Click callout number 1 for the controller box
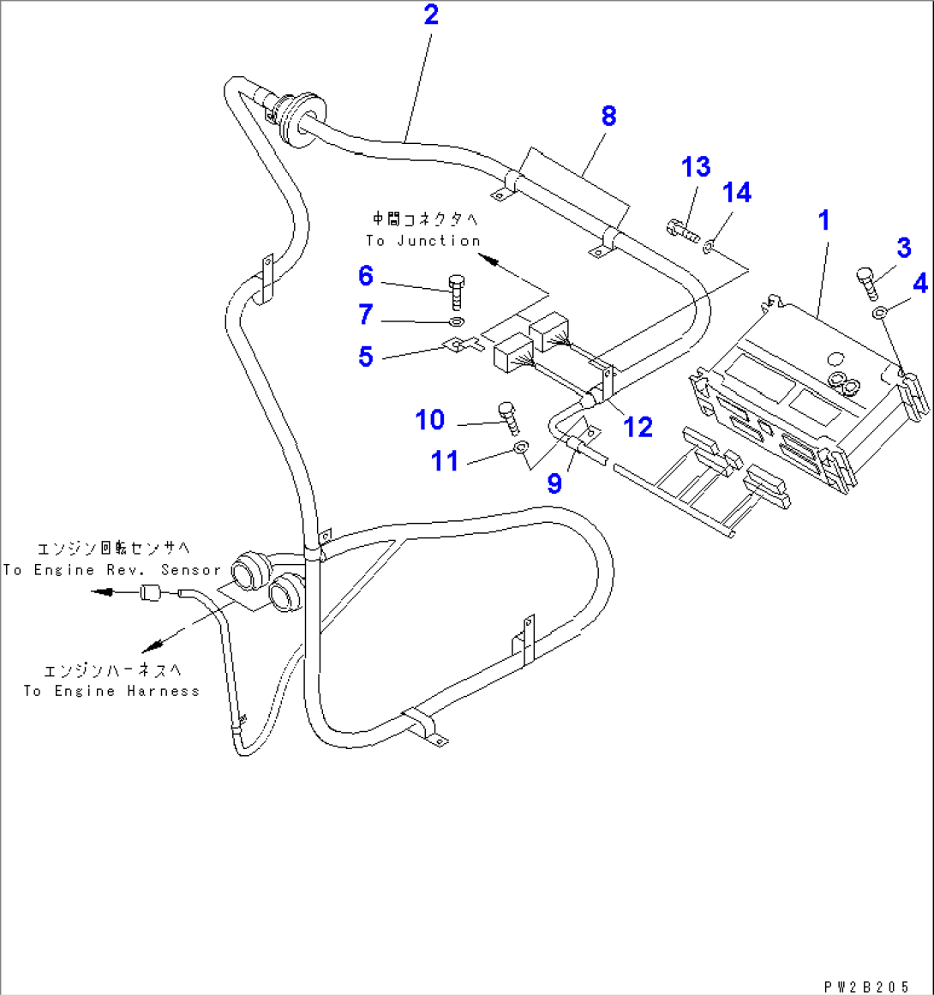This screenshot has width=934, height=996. [x=823, y=220]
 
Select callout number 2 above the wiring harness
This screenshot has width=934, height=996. [x=431, y=15]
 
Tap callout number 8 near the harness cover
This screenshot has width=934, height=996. [x=608, y=116]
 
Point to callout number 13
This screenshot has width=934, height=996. [x=696, y=167]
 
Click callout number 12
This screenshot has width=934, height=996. [x=638, y=426]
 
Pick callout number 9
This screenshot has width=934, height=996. [x=554, y=483]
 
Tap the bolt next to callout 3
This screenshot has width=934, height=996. [x=866, y=281]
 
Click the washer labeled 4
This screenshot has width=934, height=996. [x=880, y=315]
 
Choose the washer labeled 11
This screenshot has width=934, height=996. [x=521, y=447]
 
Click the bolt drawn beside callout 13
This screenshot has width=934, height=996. [x=680, y=229]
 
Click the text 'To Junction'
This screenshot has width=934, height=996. [x=423, y=241]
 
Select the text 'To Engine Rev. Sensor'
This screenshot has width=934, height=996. [x=111, y=570]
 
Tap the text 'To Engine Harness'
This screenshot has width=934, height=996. [x=111, y=691]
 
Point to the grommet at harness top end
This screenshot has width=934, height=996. [x=298, y=117]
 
